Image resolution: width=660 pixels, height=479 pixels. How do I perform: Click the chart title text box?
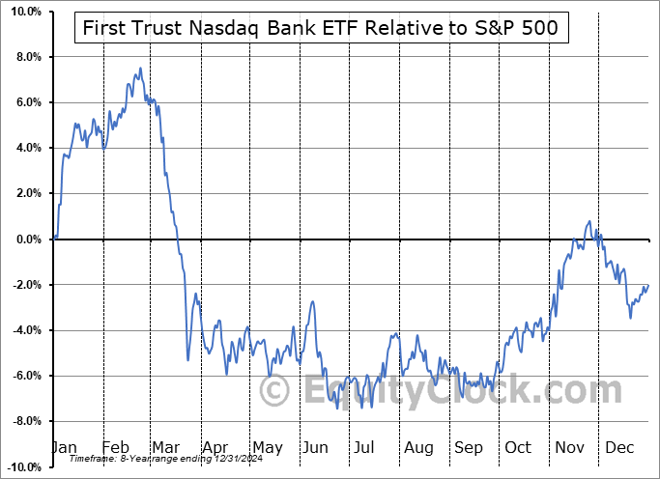pyautogui.click(x=322, y=29)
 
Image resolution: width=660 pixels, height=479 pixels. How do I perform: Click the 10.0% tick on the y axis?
pyautogui.click(x=25, y=12)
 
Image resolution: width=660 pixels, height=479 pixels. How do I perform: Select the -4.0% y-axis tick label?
pyautogui.click(x=26, y=330)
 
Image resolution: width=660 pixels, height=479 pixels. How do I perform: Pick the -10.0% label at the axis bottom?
pyautogui.click(x=23, y=467)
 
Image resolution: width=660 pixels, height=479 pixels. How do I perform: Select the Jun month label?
pyautogui.click(x=315, y=447)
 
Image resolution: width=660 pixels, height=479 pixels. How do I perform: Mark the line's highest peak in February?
pyautogui.click(x=140, y=69)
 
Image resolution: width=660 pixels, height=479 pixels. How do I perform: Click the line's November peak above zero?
pyautogui.click(x=588, y=221)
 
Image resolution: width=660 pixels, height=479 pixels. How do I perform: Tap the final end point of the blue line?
pyautogui.click(x=648, y=285)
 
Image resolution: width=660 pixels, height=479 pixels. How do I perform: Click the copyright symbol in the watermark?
pyautogui.click(x=275, y=391)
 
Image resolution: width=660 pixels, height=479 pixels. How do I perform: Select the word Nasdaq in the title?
pyautogui.click(x=235, y=29)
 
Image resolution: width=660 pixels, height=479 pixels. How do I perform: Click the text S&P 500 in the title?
pyautogui.click(x=519, y=29)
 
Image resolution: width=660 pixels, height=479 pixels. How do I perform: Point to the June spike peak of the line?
pyautogui.click(x=312, y=302)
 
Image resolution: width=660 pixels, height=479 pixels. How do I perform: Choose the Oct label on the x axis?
pyautogui.click(x=518, y=447)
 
